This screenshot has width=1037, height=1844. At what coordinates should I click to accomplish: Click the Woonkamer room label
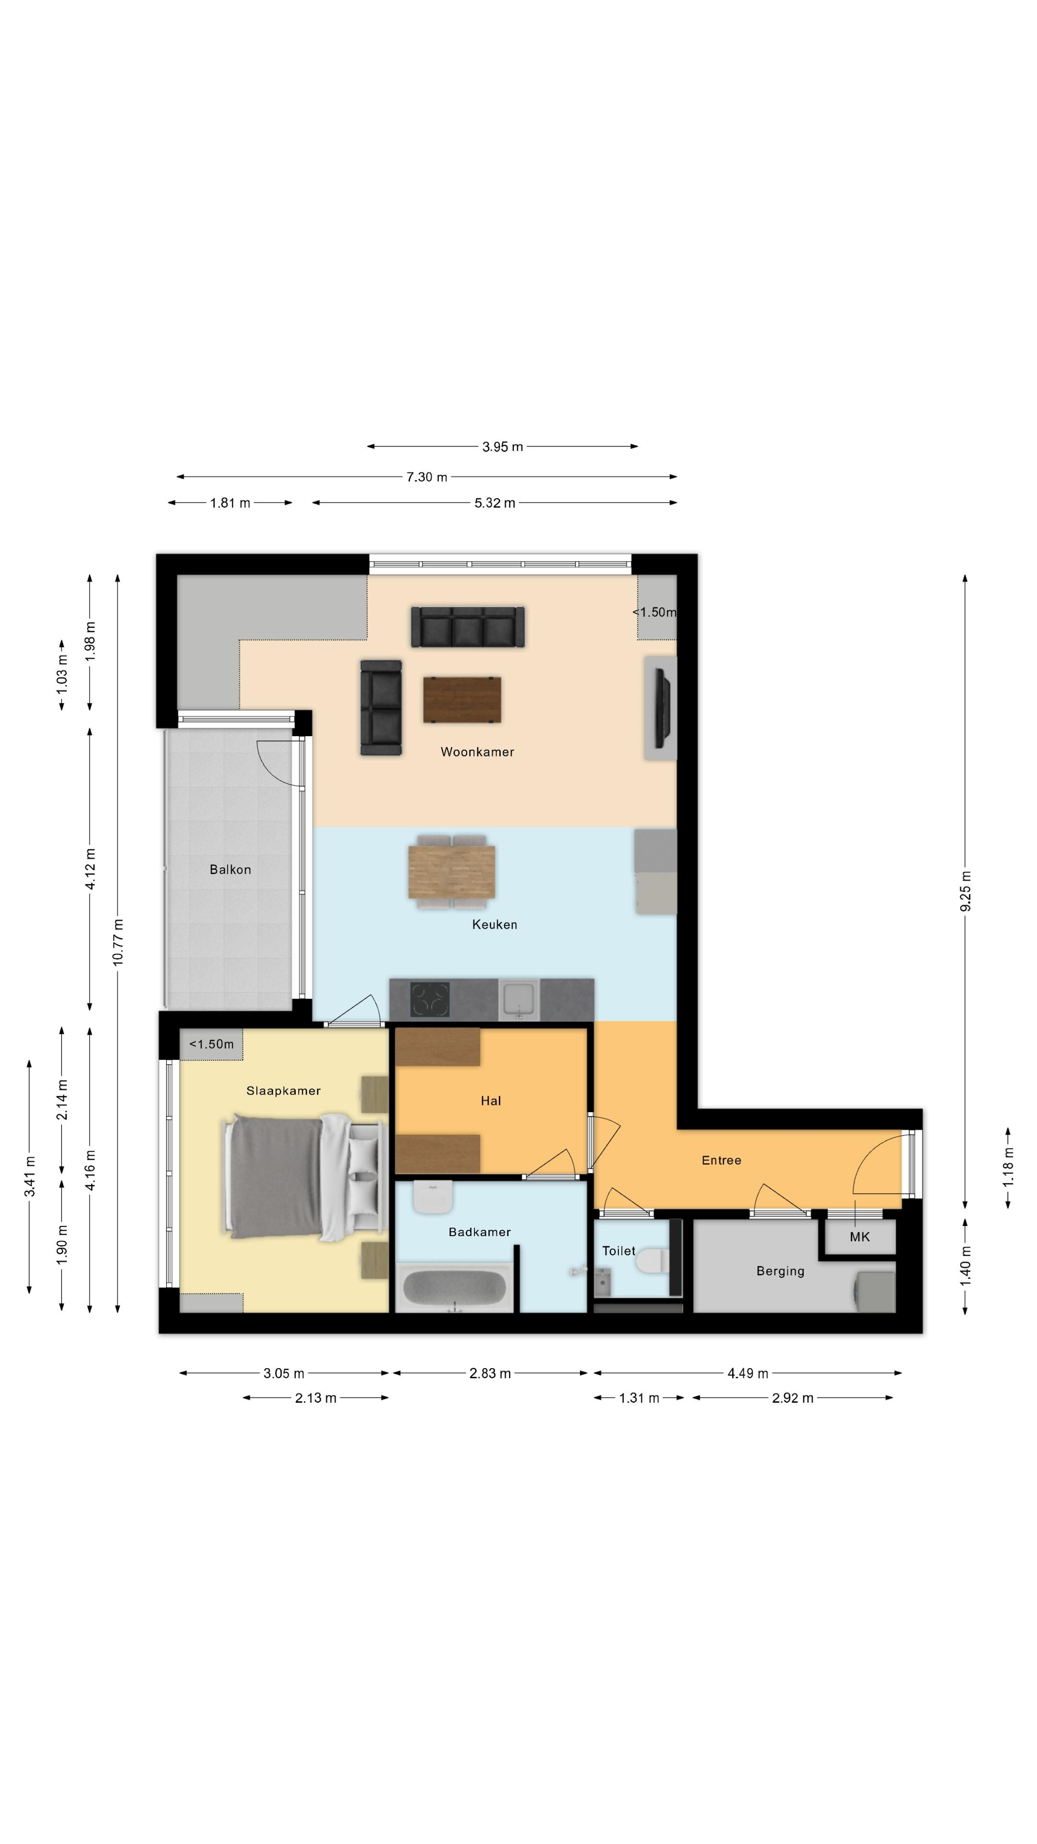click(477, 752)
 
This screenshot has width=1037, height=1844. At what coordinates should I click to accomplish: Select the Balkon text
click(230, 869)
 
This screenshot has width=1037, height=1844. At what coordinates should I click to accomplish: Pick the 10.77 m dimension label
click(118, 942)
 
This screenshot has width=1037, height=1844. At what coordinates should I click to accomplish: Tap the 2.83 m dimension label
click(490, 1373)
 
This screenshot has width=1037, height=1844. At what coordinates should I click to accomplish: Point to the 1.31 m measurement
click(639, 1398)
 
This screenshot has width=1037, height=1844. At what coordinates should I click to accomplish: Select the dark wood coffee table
click(462, 699)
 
